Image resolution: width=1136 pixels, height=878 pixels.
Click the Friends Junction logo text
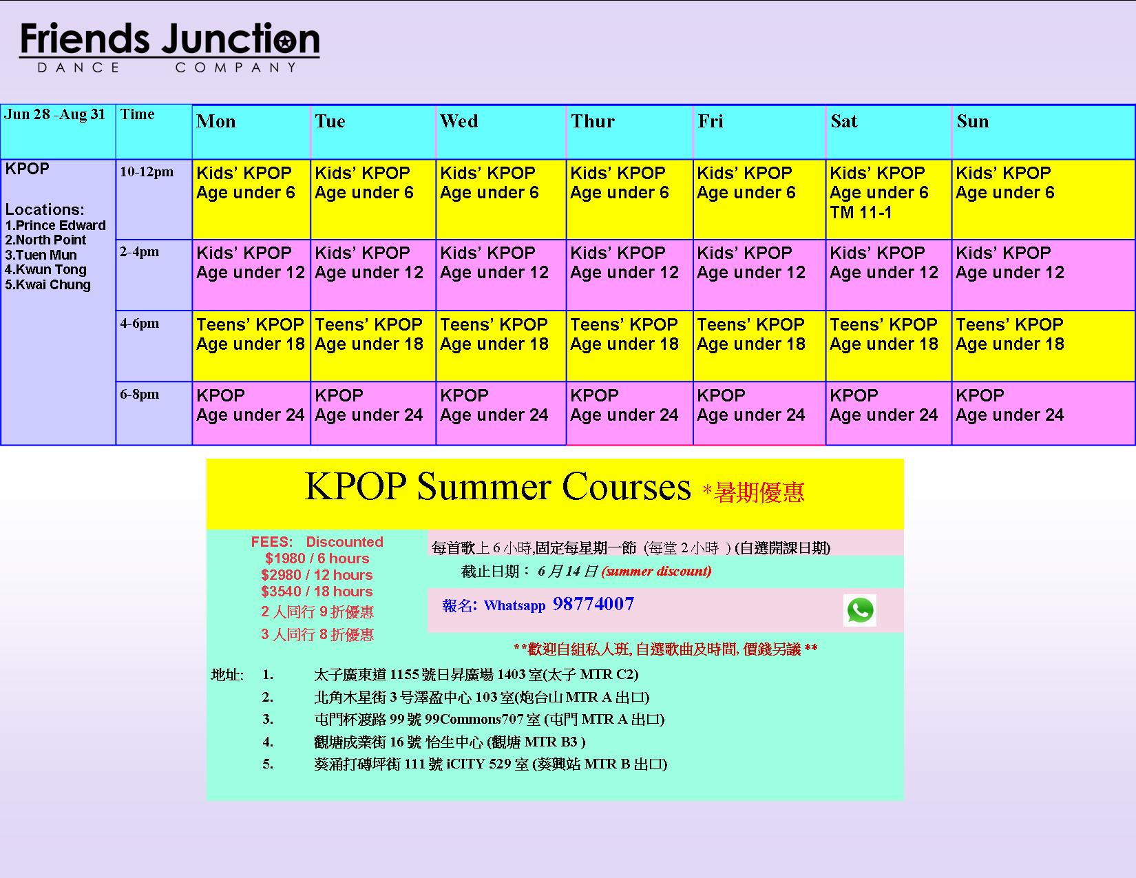[169, 39]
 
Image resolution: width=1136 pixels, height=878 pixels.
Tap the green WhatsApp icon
[859, 609]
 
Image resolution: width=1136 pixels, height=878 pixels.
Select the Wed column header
[459, 121]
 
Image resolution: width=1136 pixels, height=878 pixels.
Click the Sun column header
[972, 121]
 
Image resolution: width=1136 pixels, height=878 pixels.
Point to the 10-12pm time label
[147, 172]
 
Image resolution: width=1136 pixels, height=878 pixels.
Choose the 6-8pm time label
[139, 395]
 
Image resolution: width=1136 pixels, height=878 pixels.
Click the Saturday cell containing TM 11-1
[888, 199]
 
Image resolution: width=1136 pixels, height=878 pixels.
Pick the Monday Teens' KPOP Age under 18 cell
[251, 346]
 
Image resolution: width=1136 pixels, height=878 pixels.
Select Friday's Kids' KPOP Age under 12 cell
[759, 275]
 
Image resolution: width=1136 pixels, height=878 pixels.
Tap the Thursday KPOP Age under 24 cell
[629, 413]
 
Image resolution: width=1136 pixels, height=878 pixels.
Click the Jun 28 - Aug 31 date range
[55, 114]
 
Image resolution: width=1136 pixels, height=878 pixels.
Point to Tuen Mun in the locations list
[41, 255]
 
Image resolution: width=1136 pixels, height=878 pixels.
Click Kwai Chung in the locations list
[48, 285]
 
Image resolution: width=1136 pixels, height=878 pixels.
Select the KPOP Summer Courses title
[497, 487]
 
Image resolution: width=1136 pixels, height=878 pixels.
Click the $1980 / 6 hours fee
[317, 558]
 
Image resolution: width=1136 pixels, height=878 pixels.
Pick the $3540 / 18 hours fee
[317, 592]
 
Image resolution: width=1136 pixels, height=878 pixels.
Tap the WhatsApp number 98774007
[593, 604]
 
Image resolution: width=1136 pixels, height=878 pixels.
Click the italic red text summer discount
[656, 571]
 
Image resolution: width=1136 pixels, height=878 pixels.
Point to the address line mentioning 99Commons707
[489, 720]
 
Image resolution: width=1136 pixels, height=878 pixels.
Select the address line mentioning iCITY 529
[490, 764]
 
